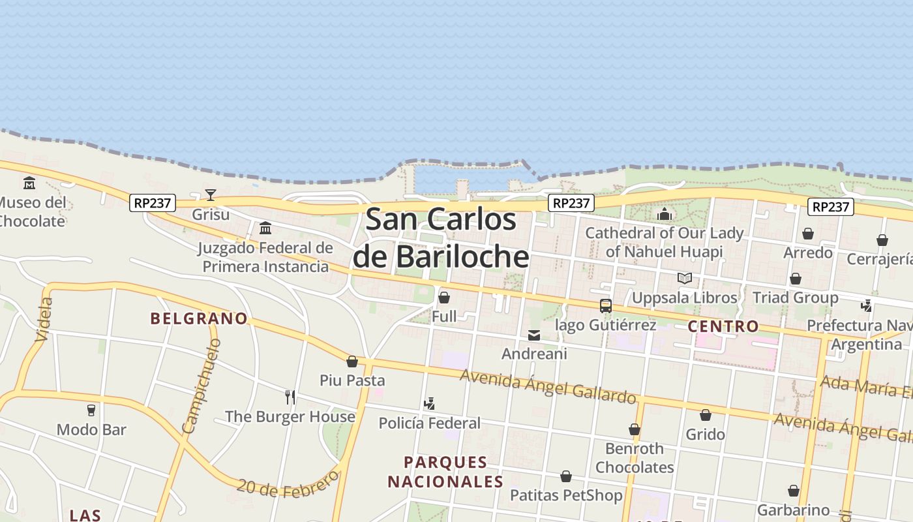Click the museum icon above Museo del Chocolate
29,183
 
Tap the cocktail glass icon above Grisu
210,194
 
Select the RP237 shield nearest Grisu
153,203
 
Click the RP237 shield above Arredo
831,207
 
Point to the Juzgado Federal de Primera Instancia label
265,257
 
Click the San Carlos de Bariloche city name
441,238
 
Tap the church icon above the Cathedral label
665,213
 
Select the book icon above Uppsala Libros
684,279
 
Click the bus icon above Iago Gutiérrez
606,305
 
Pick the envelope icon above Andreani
534,335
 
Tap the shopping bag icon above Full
444,298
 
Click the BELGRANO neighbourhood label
199,318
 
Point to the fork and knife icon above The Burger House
290,397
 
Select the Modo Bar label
91,429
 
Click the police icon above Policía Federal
429,404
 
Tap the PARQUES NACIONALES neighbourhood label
445,472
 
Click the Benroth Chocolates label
635,458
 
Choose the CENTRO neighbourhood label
723,326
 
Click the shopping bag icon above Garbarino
794,491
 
